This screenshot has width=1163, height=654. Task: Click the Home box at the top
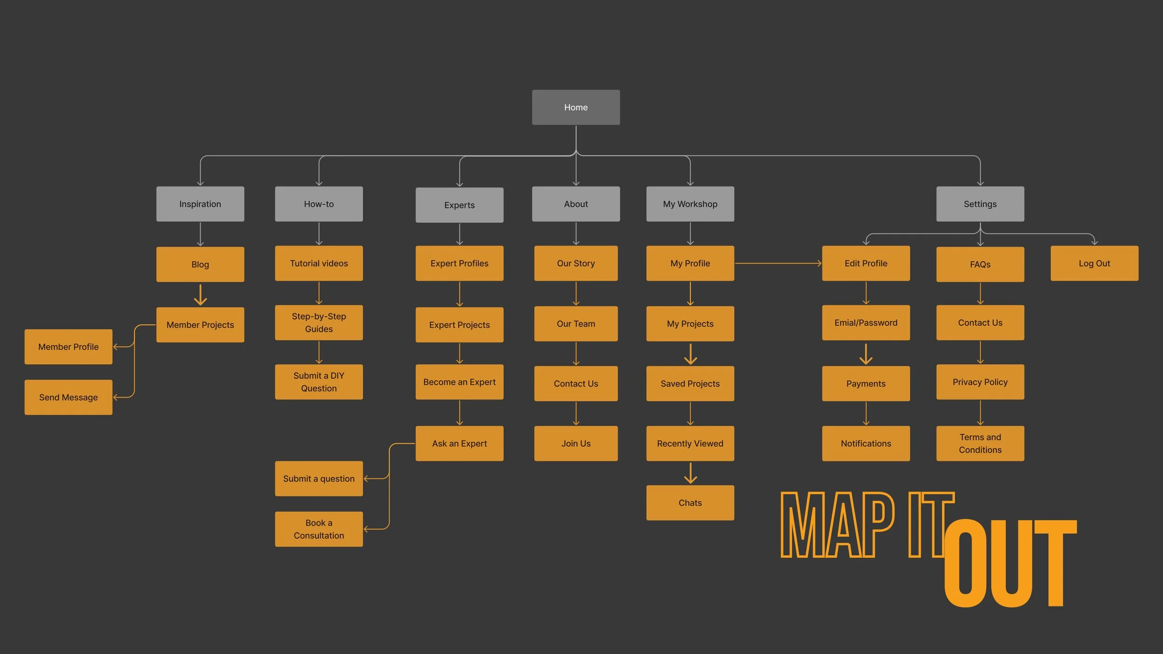coord(576,107)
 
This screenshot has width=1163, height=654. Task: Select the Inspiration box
coord(200,204)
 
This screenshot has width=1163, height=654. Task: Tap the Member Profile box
coord(68,347)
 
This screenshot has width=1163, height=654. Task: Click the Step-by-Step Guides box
coord(319,323)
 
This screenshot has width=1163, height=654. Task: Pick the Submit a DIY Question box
coord(319,382)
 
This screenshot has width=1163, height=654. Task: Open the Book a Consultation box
coord(319,529)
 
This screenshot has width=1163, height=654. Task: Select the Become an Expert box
coord(459,382)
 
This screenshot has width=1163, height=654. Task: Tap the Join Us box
coord(576,444)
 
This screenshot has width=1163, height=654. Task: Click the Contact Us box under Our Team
coord(576,384)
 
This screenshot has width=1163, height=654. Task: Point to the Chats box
coord(690,503)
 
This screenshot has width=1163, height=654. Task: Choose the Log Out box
coord(1094,263)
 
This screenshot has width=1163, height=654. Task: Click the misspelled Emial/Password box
coord(866,323)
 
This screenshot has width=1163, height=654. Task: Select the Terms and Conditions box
coord(980,444)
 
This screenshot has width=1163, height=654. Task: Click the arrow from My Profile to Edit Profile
coord(778,263)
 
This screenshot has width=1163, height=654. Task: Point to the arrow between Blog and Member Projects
coord(200,295)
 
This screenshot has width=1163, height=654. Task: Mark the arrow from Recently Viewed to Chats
coord(690,473)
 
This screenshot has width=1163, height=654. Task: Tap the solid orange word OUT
coord(1009,563)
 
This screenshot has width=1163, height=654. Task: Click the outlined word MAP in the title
coord(837,525)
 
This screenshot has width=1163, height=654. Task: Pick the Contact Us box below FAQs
coord(980,323)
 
